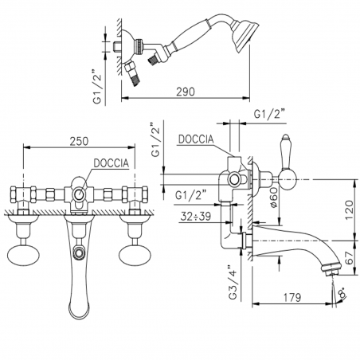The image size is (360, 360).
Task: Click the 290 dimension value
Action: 186,92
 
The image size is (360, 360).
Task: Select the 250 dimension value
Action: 79,141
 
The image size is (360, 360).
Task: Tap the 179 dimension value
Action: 292,298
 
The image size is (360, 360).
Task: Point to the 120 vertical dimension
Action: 349,209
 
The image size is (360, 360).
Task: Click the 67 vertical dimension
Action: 350,258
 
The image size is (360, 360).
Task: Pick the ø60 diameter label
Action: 274,198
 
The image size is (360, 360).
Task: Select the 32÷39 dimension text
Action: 196,217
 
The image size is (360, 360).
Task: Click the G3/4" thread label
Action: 233,282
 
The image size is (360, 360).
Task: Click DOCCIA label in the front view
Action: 112,163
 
